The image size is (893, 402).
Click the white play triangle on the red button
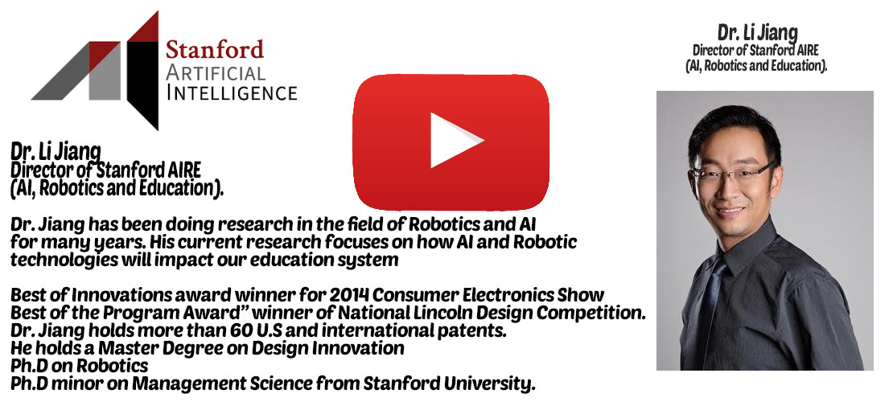(x=452, y=140)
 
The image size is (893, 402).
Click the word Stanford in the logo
(x=215, y=50)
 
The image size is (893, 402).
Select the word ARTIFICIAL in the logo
(x=215, y=72)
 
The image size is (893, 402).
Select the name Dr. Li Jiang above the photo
(x=757, y=33)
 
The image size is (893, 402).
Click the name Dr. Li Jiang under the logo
(x=56, y=151)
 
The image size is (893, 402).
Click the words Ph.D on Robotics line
(x=79, y=366)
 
